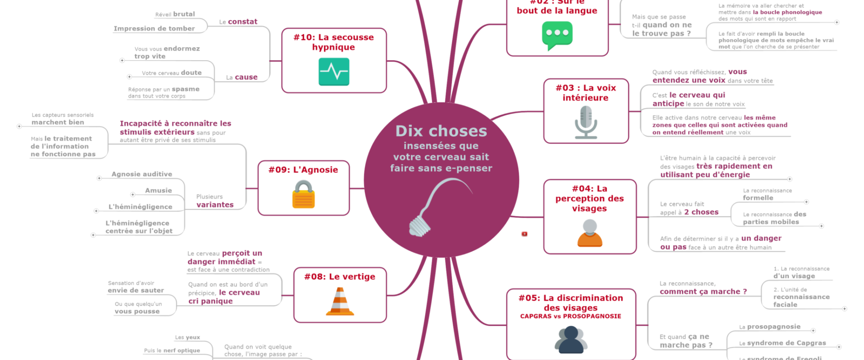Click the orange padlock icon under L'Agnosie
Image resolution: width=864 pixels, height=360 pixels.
304,195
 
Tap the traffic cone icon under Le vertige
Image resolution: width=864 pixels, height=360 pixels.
340,301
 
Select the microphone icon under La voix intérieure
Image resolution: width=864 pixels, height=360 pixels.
585,122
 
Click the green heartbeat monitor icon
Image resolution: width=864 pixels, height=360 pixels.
333,72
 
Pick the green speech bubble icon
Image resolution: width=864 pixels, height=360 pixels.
557,35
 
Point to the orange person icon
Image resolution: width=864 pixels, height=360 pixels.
589,233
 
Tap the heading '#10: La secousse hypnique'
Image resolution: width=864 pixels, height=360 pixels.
333,42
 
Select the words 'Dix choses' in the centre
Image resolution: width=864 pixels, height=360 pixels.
441,131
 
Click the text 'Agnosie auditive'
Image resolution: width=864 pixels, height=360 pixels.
142,174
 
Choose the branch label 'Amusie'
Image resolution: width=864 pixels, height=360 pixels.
158,190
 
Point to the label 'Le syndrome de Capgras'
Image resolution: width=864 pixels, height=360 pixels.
783,343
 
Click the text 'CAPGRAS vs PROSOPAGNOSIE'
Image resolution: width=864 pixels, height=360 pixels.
571,316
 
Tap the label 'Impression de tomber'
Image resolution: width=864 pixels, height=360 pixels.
154,28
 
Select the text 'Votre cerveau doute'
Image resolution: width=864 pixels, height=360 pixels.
171,73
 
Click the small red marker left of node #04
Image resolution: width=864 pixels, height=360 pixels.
524,234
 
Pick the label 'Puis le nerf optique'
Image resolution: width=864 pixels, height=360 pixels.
172,351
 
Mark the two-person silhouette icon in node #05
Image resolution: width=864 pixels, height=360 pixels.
571,340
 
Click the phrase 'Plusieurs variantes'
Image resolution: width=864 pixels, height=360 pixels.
215,201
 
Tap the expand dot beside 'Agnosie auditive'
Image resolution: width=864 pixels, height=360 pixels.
99,178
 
